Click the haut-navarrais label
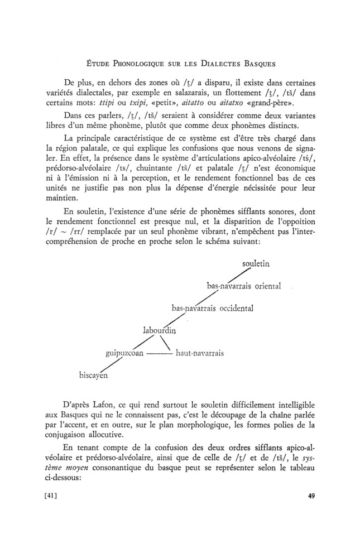click(200, 353)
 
